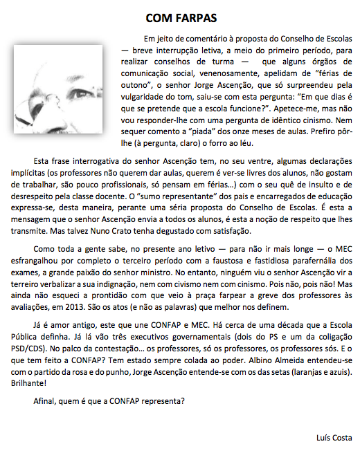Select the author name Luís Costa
click(332, 437)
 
